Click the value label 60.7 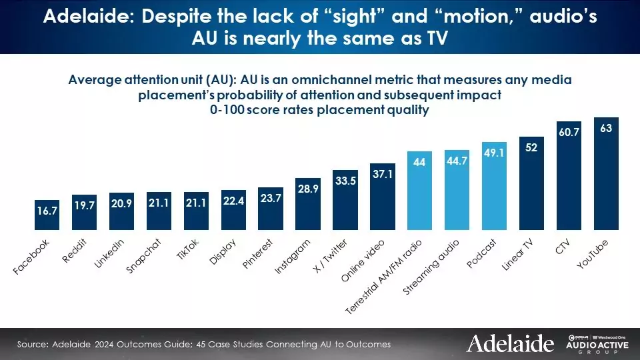[x=569, y=133]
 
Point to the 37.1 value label [x=383, y=175]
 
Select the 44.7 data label [x=457, y=161]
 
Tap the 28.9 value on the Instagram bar [x=308, y=190]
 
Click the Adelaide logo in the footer [x=510, y=343]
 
